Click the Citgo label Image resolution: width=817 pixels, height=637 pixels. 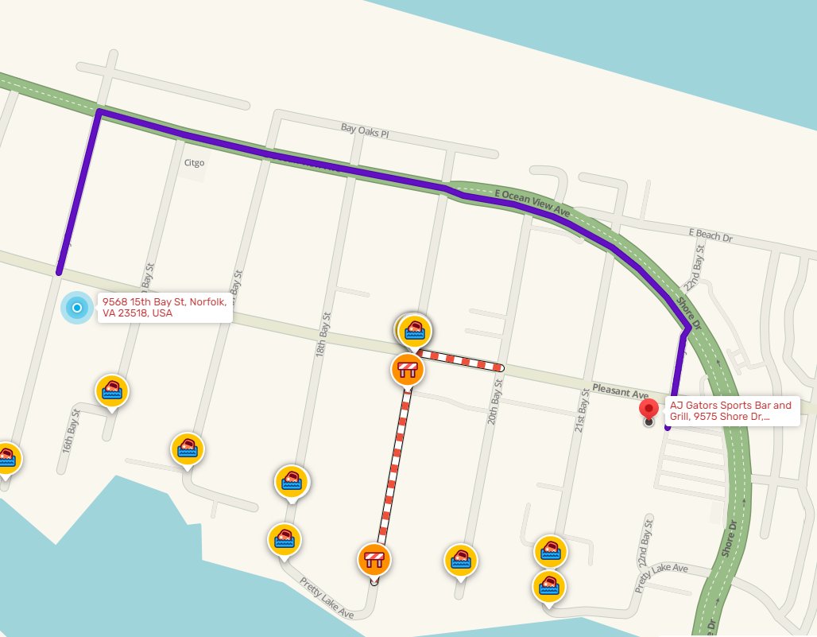pyautogui.click(x=194, y=162)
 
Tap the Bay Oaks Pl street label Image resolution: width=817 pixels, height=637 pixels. pyautogui.click(x=365, y=129)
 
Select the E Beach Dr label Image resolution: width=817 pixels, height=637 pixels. pyautogui.click(x=710, y=235)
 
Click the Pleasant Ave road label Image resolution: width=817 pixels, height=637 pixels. pyautogui.click(x=621, y=391)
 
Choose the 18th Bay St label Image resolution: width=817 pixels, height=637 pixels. pyautogui.click(x=323, y=333)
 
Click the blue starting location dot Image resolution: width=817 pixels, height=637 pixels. pyautogui.click(x=77, y=308)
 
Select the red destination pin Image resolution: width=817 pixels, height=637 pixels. pyautogui.click(x=649, y=410)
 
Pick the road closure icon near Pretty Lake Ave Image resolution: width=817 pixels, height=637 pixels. pyautogui.click(x=374, y=559)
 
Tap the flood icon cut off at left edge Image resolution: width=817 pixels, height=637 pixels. pyautogui.click(x=6, y=457)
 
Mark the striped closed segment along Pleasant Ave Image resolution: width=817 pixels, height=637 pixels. pyautogui.click(x=461, y=360)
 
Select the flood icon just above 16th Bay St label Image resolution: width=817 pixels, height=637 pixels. pyautogui.click(x=112, y=391)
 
